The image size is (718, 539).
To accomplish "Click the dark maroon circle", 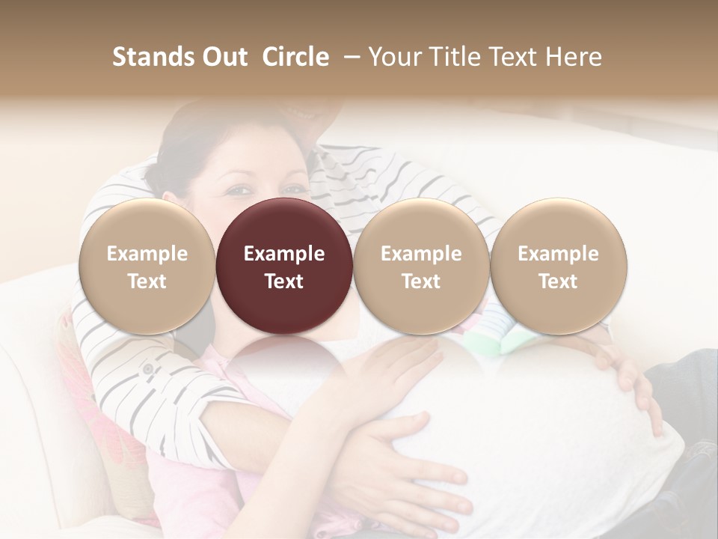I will (283, 267).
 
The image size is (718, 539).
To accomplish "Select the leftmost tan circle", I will (147, 267).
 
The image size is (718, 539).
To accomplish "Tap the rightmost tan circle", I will (558, 267).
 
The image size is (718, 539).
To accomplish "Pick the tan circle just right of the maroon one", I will (421, 267).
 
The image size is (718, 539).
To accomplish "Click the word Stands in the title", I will (152, 57).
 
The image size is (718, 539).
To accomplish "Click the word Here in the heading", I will (574, 57).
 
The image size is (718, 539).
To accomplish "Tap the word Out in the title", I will (223, 57).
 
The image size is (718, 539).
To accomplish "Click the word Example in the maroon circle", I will (283, 254).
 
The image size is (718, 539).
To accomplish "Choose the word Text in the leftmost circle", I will (147, 281).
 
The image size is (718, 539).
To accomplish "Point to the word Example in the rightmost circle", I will (558, 254).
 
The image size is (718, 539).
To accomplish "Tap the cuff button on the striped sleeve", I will (147, 369).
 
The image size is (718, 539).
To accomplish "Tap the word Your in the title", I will (391, 57).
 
